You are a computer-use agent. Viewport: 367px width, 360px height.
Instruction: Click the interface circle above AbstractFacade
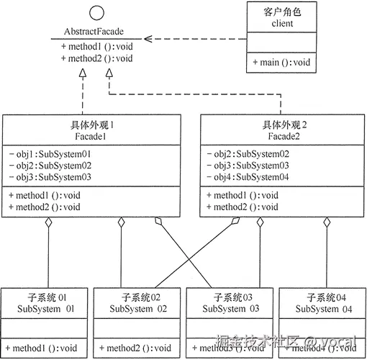(x=96, y=14)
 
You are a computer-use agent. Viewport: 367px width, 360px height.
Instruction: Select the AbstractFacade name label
(x=96, y=32)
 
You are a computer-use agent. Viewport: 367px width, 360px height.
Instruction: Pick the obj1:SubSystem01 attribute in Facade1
(x=50, y=154)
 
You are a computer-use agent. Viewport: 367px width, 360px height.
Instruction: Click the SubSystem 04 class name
(x=324, y=309)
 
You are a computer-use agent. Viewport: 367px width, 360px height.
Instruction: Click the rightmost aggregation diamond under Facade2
(x=327, y=224)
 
